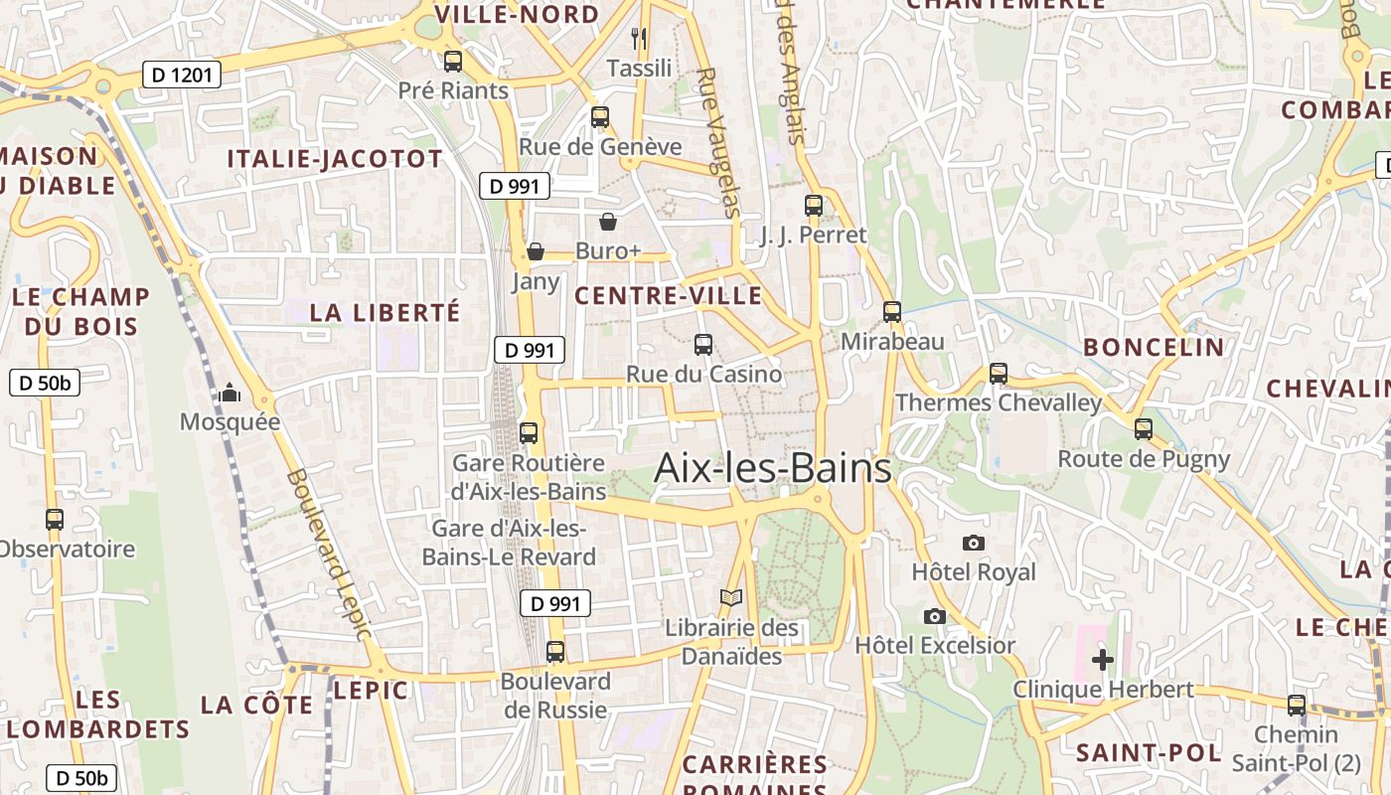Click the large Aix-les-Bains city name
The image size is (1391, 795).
[x=773, y=468]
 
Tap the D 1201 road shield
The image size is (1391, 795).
[x=181, y=75]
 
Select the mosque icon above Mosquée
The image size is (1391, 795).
[x=231, y=394]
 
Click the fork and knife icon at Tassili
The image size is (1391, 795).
[x=639, y=39]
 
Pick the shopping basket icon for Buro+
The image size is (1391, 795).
[x=607, y=222]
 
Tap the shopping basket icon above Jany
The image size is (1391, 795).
[x=536, y=251]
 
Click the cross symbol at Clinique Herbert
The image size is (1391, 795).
[x=1102, y=659]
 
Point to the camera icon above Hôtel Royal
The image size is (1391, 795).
[x=974, y=543]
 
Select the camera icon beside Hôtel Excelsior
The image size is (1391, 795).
[x=934, y=616]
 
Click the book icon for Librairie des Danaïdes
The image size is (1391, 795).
[x=731, y=598]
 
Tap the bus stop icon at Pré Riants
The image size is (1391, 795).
[x=453, y=62]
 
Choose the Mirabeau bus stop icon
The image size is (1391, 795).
[x=891, y=312]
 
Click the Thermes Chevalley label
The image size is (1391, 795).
[x=999, y=402]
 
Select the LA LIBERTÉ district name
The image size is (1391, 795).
[x=385, y=312]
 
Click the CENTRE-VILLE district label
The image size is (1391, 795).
[x=668, y=295]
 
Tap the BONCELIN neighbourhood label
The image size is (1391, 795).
[x=1154, y=347]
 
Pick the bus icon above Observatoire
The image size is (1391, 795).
[x=55, y=520]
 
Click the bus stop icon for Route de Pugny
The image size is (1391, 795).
[x=1144, y=429]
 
